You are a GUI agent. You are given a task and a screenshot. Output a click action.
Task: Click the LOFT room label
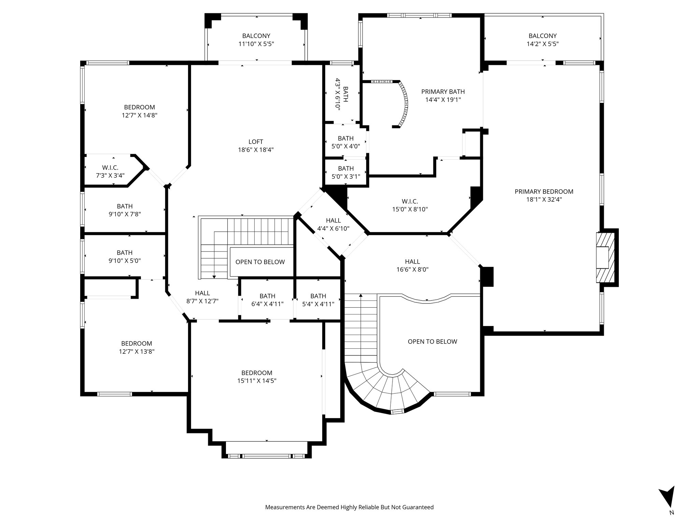click(x=256, y=142)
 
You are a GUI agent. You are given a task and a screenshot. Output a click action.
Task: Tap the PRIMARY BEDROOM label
click(x=544, y=192)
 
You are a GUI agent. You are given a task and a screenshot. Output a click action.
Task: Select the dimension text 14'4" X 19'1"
click(x=443, y=100)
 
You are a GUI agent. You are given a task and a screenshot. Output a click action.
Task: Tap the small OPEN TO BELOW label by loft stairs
click(x=260, y=262)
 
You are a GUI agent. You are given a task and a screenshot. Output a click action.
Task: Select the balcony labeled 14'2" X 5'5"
click(x=542, y=40)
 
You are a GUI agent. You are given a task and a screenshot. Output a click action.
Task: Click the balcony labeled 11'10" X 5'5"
click(x=256, y=40)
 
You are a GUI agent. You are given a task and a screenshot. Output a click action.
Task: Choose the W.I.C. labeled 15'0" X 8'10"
click(x=410, y=205)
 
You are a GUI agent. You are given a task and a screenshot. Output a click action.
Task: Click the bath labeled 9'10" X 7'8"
click(x=125, y=210)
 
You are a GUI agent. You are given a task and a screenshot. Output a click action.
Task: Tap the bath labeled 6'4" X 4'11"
click(x=267, y=300)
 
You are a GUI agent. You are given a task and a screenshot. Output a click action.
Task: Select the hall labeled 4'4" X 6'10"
click(x=333, y=225)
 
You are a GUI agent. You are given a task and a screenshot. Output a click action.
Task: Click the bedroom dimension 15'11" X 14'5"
click(x=257, y=381)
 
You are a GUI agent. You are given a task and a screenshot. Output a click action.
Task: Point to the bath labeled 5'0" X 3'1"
click(x=345, y=173)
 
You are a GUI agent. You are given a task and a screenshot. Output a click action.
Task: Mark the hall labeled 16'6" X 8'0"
click(x=412, y=266)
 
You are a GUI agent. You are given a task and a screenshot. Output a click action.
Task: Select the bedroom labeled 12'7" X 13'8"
click(x=137, y=347)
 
